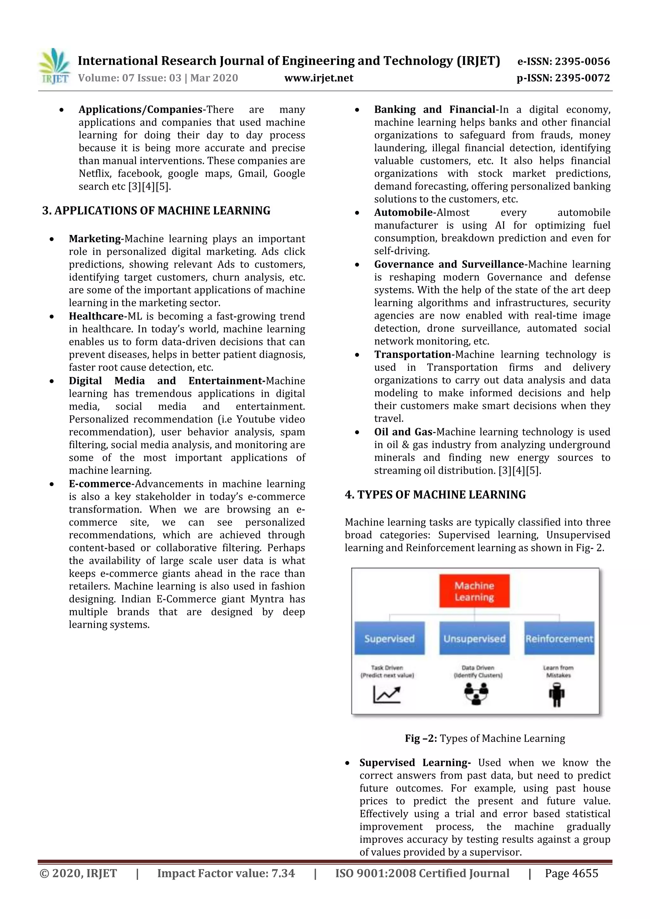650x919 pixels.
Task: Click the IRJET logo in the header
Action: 54,66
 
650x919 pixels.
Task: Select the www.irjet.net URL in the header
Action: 319,78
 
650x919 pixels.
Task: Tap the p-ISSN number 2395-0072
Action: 582,78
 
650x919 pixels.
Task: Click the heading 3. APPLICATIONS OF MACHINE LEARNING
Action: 156,211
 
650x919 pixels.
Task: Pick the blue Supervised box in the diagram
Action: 389,638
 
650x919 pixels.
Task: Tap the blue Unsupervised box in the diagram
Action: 474,638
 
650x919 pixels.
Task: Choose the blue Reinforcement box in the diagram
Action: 559,638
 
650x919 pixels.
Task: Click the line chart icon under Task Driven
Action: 386,695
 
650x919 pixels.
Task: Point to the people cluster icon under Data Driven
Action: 476,694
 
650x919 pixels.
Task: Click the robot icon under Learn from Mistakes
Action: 557,695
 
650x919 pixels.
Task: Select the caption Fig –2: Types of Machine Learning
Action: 485,738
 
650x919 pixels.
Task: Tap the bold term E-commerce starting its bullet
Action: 100,484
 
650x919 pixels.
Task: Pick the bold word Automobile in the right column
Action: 403,213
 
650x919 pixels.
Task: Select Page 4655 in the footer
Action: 571,873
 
